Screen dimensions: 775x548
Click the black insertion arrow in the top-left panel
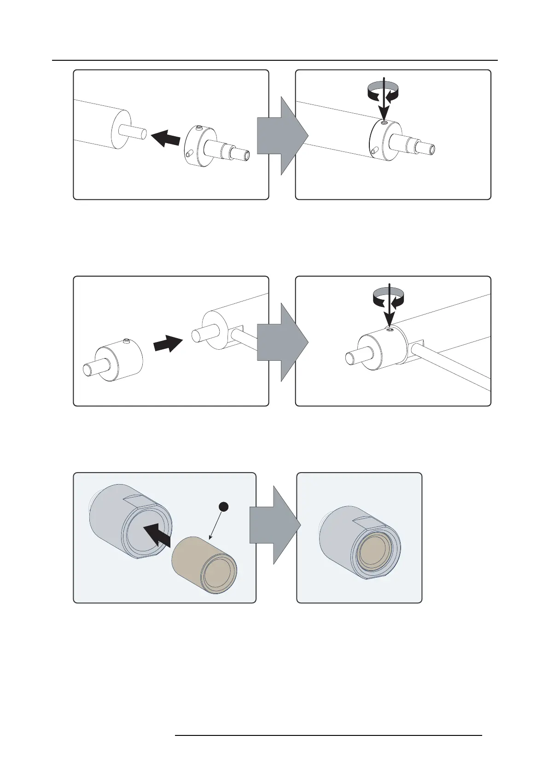click(165, 137)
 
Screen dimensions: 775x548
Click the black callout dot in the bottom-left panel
click(223, 507)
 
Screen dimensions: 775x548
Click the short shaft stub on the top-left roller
click(134, 131)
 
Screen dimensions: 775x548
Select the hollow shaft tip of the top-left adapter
click(247, 156)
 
